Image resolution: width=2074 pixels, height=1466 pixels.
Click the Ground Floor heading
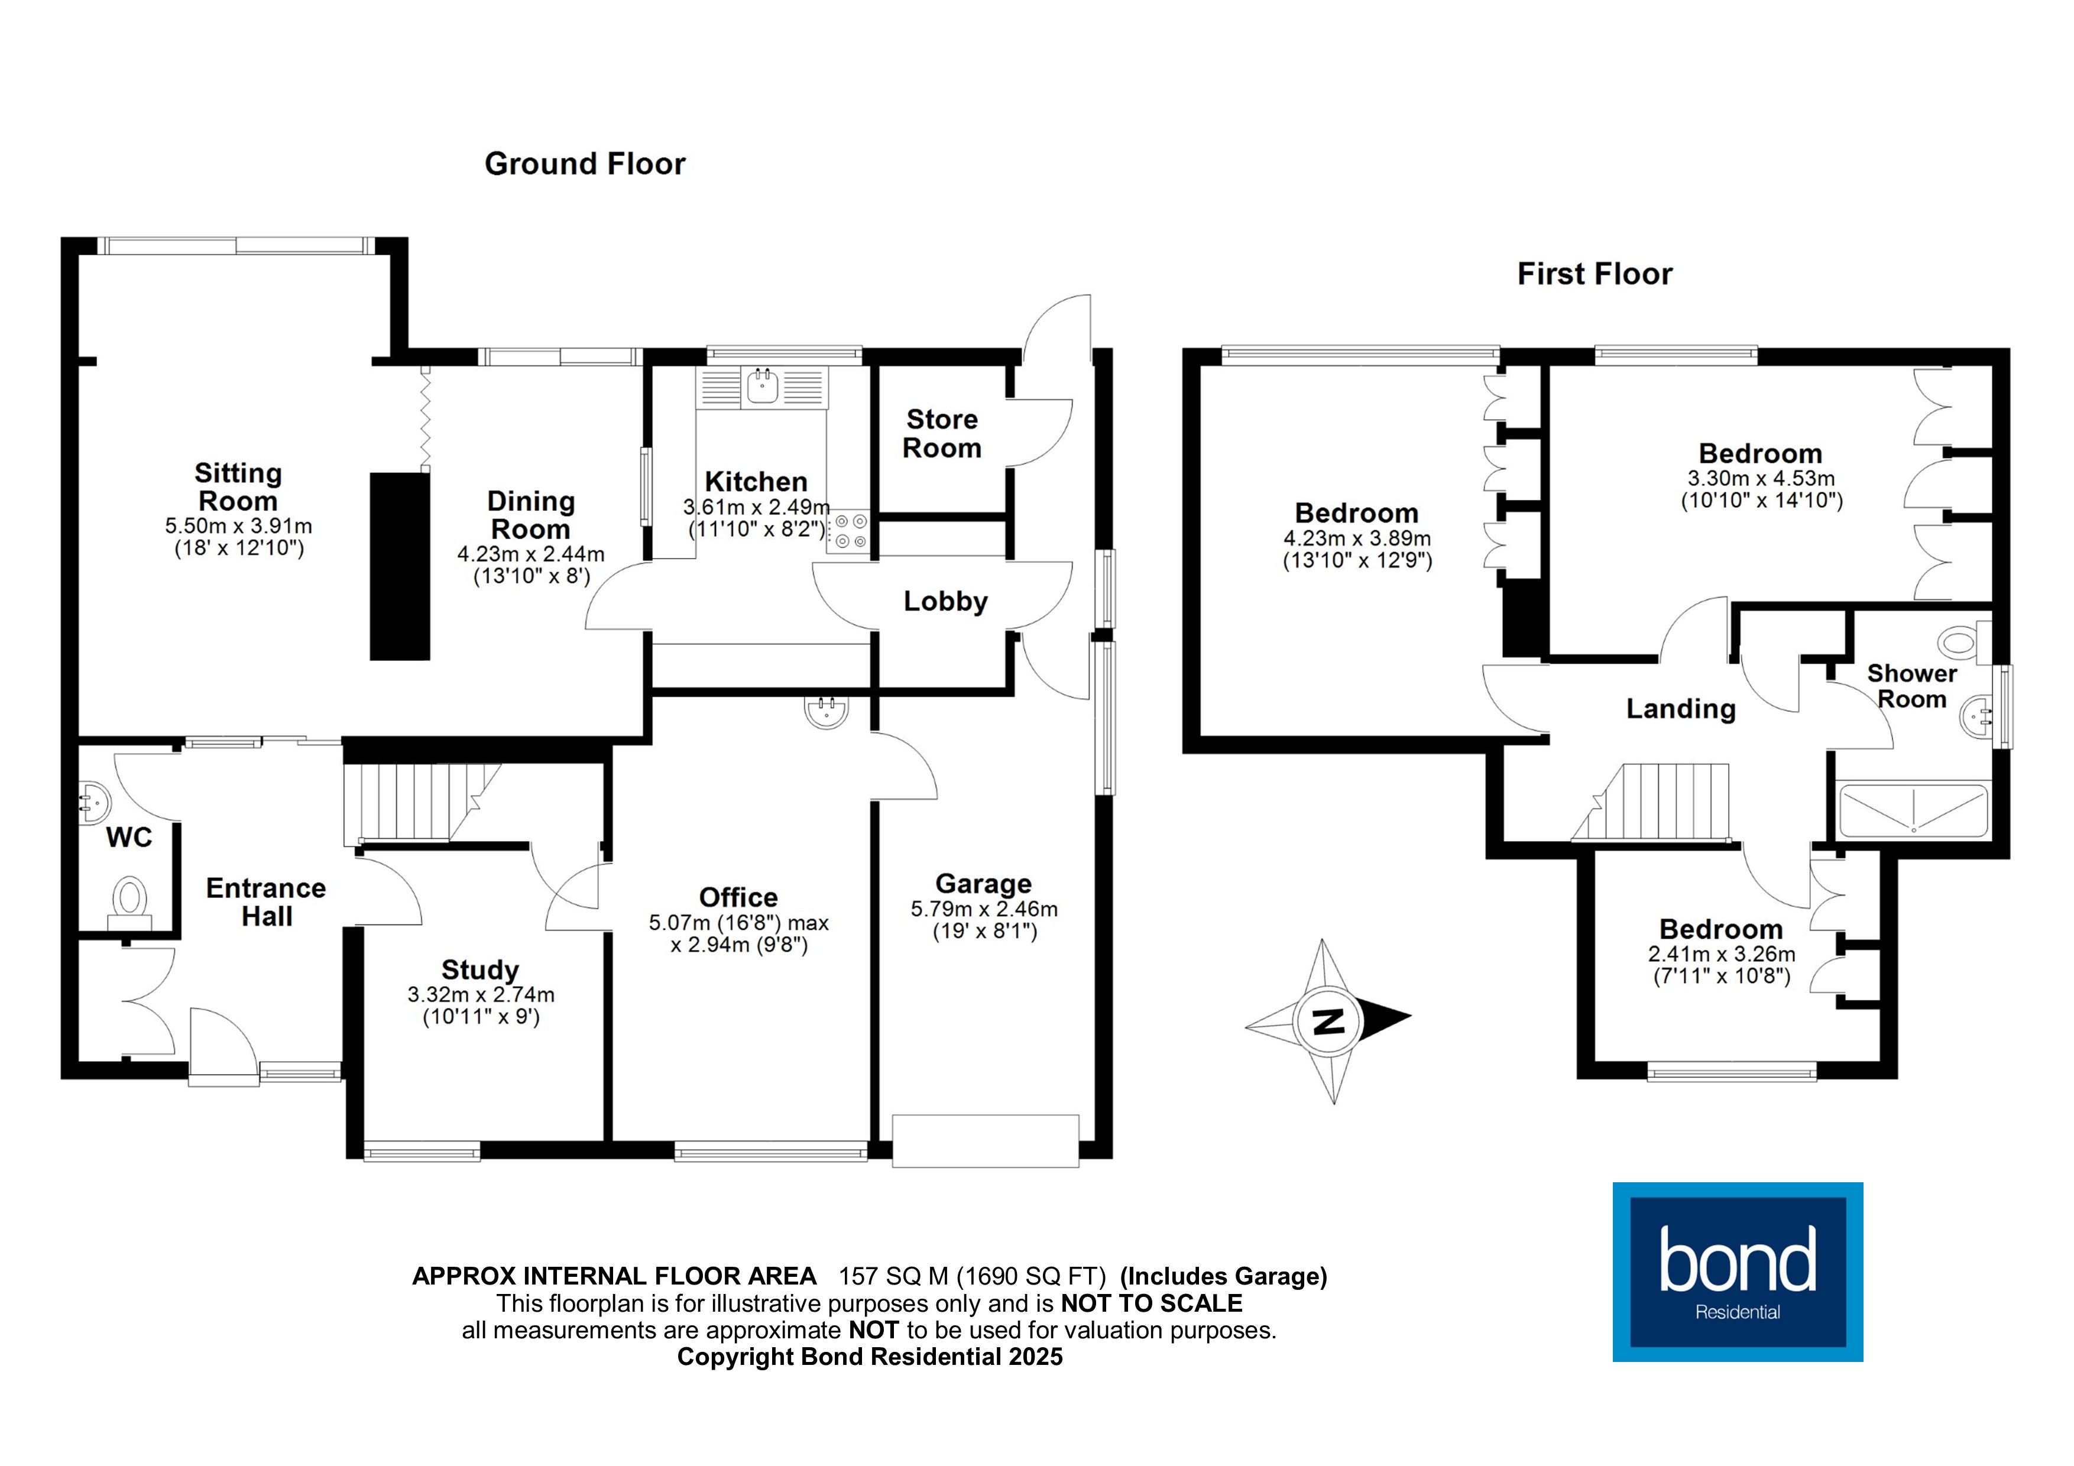[x=585, y=164]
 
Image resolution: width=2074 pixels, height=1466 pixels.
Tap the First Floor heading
[x=1595, y=274]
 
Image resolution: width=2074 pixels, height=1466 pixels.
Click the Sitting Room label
[x=238, y=487]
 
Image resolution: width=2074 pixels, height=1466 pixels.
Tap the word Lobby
[x=946, y=602]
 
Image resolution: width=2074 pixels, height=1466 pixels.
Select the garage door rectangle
[x=986, y=1141]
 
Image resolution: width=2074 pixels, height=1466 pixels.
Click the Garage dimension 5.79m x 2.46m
[x=984, y=910]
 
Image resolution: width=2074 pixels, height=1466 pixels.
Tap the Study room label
[x=479, y=969]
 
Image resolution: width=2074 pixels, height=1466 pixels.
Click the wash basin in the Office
[x=827, y=712]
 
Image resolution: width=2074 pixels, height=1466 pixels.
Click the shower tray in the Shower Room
[x=1913, y=810]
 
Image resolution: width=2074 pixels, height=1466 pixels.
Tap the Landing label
[x=1681, y=709]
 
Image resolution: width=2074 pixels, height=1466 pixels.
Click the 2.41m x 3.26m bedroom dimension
[x=1721, y=954]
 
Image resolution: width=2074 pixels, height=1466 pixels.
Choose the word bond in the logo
[x=1737, y=1260]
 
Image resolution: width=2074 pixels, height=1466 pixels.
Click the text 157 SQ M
[x=893, y=1276]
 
